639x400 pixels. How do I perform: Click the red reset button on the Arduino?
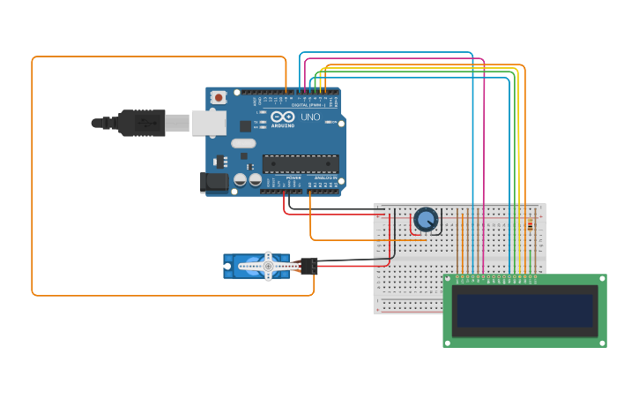coord(218,96)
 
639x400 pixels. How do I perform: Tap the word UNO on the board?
coord(310,117)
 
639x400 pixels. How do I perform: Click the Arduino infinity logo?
coord(283,117)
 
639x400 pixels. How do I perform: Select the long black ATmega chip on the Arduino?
coord(301,163)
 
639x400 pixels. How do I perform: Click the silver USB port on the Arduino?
coord(208,123)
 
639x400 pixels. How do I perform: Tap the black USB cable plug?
coord(141,123)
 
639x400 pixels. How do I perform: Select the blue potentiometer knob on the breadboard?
coord(426,218)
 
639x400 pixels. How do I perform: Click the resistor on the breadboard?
coord(530,224)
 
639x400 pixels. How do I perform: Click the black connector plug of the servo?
coord(308,265)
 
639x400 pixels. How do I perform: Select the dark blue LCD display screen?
coord(524,311)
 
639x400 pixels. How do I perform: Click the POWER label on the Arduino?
coord(293,177)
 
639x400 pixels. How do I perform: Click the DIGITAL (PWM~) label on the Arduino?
coord(308,105)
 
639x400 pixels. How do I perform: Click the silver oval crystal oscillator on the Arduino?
coord(243,143)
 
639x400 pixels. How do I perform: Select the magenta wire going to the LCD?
coord(484,177)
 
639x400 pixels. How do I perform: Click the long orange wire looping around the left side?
coord(32,177)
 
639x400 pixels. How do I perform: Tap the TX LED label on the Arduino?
coord(256,122)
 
